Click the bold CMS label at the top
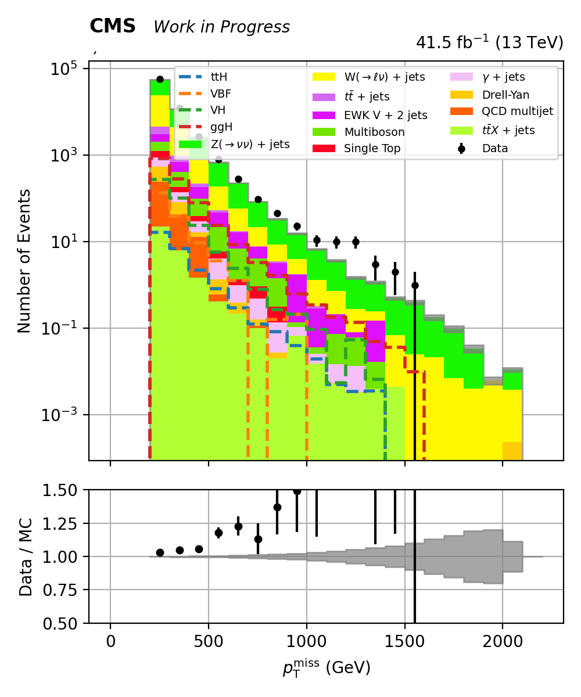point(113,26)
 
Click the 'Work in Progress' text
point(221,27)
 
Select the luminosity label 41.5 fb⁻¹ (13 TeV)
point(489,43)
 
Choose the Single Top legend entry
point(372,148)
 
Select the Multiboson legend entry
point(374,132)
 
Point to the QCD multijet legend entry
point(517,112)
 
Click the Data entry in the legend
point(495,148)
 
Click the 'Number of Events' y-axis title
point(24,261)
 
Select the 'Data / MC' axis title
point(26,557)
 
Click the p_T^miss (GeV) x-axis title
point(327,668)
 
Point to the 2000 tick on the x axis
point(503,643)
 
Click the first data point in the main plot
point(160,79)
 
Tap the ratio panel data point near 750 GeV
point(258,540)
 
